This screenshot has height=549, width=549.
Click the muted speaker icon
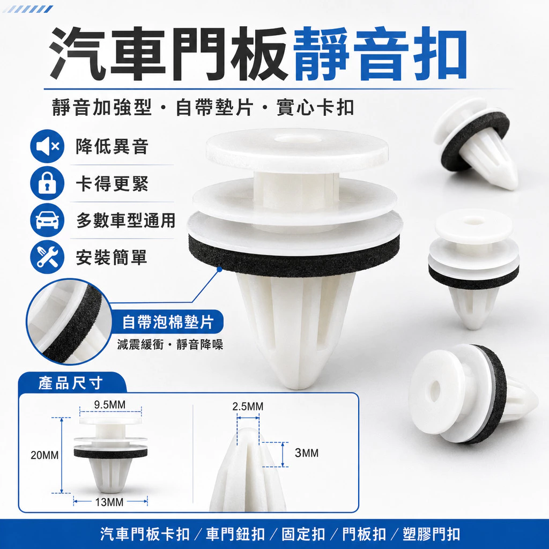point(47,146)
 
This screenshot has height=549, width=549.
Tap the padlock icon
point(47,183)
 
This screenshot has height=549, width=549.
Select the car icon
point(47,220)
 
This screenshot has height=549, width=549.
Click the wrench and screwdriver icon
point(47,257)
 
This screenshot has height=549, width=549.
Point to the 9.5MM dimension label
point(109,405)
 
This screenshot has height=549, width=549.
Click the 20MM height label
point(44,455)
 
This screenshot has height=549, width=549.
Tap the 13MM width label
point(109,502)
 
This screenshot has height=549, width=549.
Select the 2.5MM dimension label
point(248,406)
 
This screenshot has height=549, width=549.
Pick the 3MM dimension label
point(307,453)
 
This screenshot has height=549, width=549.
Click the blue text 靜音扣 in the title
point(381,54)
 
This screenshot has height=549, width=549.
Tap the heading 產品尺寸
point(70,383)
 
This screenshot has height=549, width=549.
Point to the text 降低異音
point(112,146)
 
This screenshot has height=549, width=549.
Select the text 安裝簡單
point(112,257)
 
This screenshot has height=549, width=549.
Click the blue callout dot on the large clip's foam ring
point(219,269)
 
